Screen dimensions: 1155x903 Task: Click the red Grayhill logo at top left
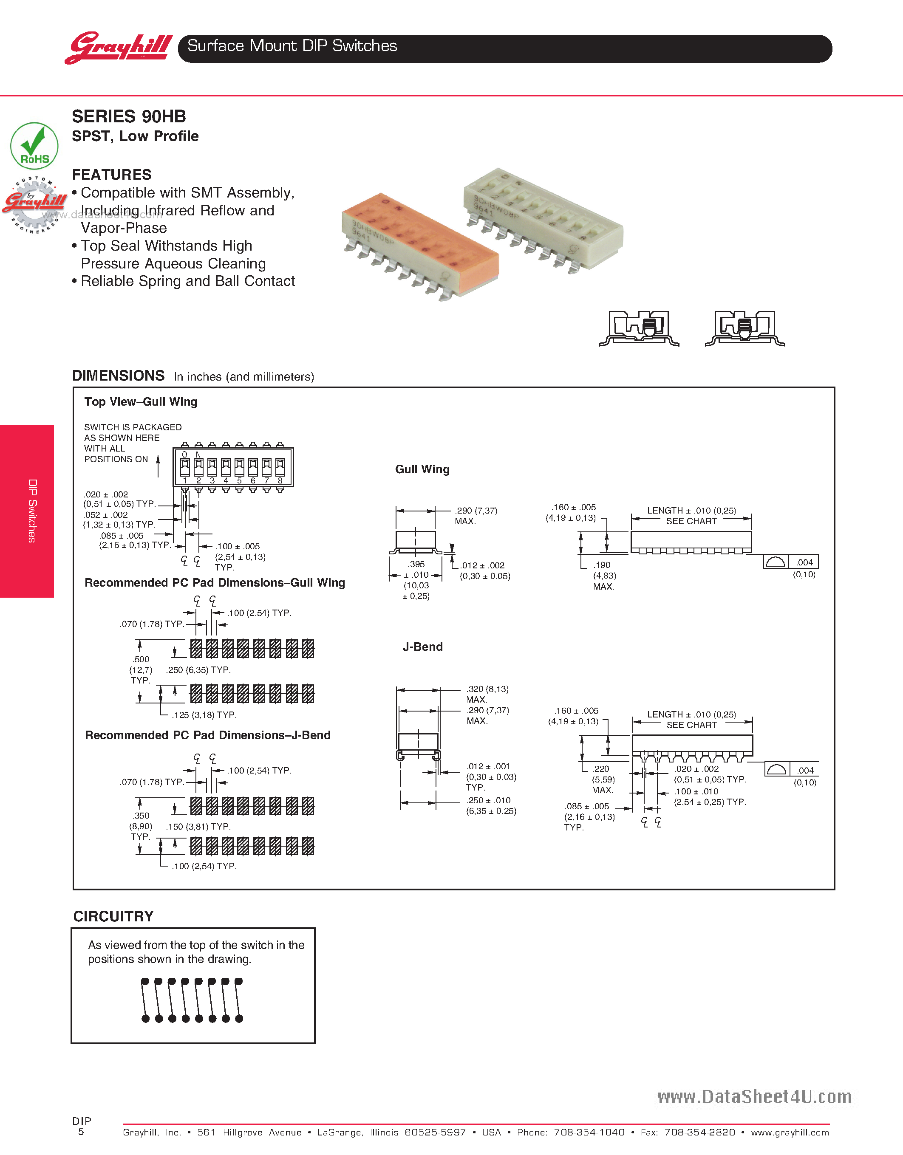pos(119,48)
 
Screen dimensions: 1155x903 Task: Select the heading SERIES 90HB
pos(129,116)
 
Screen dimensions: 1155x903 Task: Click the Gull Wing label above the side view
pos(422,469)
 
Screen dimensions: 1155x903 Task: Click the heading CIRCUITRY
pos(113,916)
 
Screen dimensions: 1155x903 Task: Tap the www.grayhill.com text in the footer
pos(790,1132)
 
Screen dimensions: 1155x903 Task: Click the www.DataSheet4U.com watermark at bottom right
pos(754,1096)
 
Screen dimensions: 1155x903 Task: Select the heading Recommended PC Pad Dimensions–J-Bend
pos(208,735)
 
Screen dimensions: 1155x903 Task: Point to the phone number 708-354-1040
pos(589,1132)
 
